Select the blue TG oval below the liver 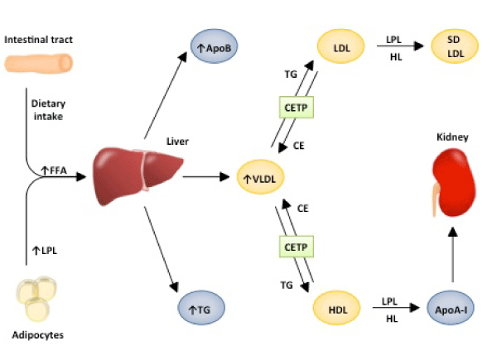(201, 311)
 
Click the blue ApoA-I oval (453, 310)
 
